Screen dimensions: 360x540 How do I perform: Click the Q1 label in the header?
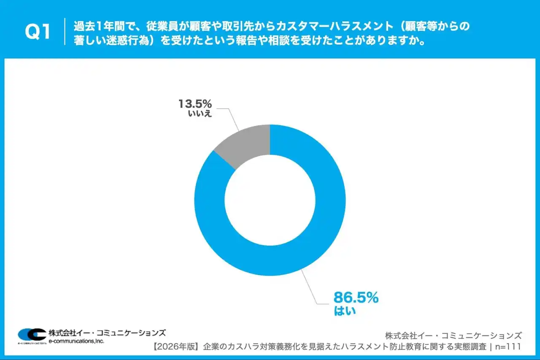coord(38,32)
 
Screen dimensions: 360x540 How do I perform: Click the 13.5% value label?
coord(194,103)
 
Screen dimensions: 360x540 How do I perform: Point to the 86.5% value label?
coord(356,298)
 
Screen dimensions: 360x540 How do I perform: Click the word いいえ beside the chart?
coord(200,114)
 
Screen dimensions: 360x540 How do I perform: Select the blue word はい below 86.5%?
coord(345,311)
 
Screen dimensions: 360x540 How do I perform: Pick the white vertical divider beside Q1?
coord(65,32)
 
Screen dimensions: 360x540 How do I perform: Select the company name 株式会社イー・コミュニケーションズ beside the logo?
coord(107,332)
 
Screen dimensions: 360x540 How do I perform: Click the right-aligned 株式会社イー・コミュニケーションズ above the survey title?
coord(454,336)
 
